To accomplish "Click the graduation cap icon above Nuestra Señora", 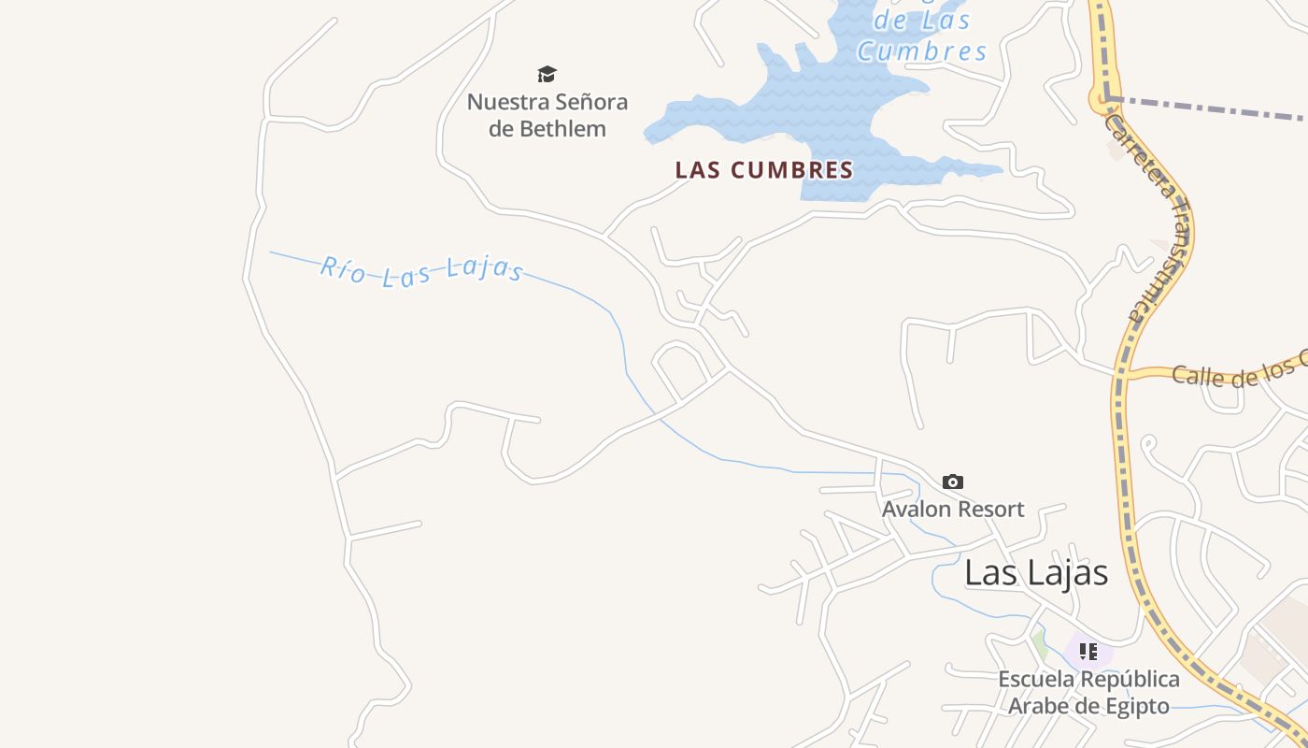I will tap(547, 74).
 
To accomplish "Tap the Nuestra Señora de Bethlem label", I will tap(547, 115).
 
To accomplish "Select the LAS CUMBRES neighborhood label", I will tap(764, 170).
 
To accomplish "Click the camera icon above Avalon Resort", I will tap(952, 482).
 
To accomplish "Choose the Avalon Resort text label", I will tap(953, 510).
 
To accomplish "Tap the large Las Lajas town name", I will tap(1036, 572).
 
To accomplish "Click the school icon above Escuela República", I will tap(1088, 651).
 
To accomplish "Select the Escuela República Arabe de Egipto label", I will tap(1088, 692).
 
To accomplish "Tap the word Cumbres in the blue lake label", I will tap(921, 51).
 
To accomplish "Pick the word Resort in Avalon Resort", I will tap(989, 510).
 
